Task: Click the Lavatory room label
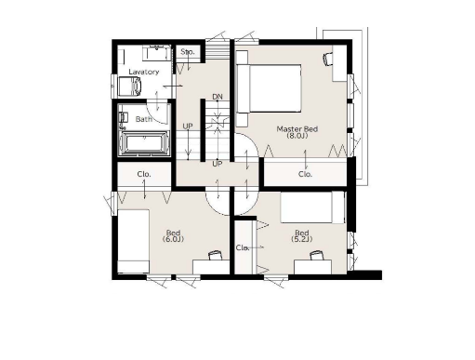click(143, 72)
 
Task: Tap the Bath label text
click(144, 119)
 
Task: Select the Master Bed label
click(297, 129)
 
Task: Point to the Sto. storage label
click(188, 51)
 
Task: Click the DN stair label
click(218, 97)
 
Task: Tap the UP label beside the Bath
click(188, 127)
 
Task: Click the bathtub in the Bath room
click(144, 143)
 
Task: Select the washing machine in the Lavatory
click(130, 86)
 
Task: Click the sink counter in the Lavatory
click(157, 53)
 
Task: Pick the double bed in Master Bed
click(269, 88)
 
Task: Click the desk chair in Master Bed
click(328, 59)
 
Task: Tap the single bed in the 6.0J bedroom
click(134, 241)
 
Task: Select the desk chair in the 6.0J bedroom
click(215, 255)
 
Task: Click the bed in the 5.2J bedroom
click(312, 207)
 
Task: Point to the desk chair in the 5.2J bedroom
click(316, 255)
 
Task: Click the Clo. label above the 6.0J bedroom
click(144, 174)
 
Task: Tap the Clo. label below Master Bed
click(305, 174)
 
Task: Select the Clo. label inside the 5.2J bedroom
click(243, 247)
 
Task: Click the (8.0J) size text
click(297, 136)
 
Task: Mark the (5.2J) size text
click(302, 239)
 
